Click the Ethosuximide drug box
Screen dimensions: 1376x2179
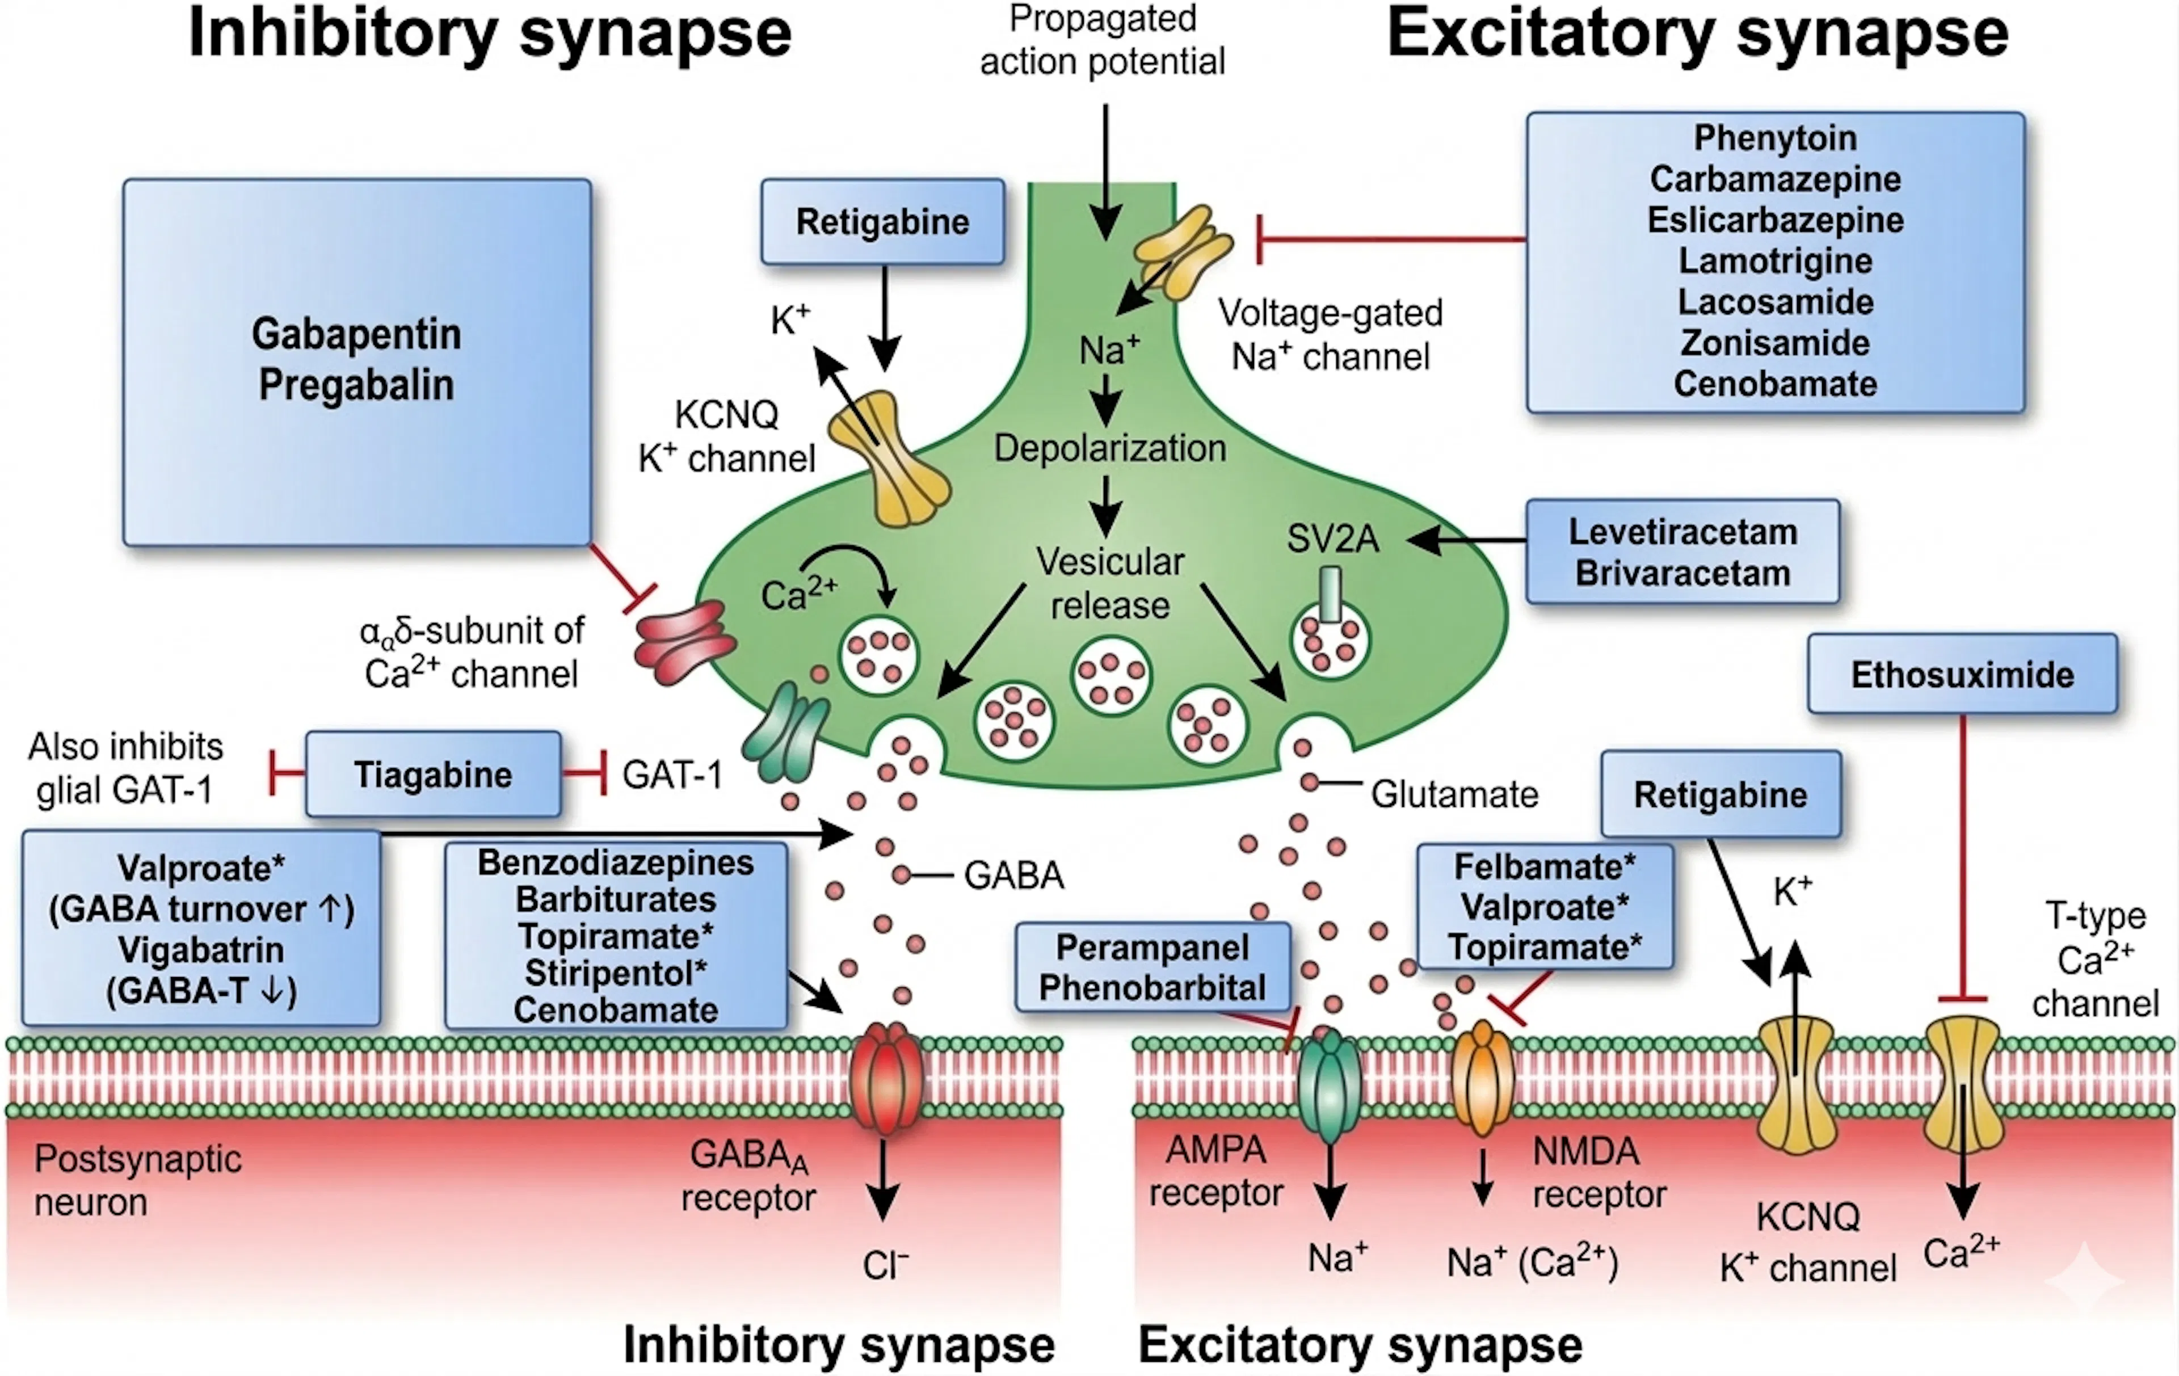click(x=1962, y=674)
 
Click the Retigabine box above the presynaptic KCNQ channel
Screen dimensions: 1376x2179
click(x=882, y=222)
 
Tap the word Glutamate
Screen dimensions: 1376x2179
click(x=1454, y=794)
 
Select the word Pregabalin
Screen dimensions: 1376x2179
click(x=356, y=385)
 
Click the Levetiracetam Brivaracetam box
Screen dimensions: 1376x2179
click(x=1682, y=552)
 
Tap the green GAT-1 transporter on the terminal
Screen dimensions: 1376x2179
click(x=785, y=733)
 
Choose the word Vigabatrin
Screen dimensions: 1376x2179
click(x=201, y=950)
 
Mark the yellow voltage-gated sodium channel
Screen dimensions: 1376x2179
click(x=1183, y=251)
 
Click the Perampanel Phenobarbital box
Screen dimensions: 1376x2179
click(x=1152, y=967)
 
